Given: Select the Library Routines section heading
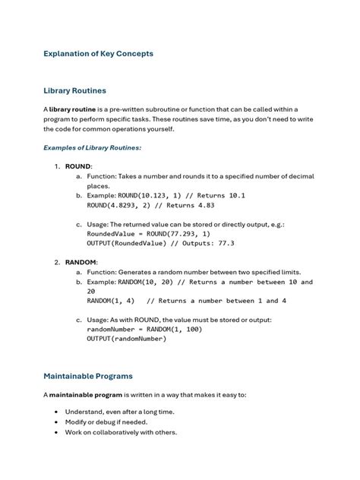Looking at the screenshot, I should point(74,90).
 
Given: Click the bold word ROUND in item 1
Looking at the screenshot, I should point(78,166).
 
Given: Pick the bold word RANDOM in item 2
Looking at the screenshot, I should point(81,262).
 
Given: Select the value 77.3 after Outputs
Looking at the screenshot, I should point(226,243).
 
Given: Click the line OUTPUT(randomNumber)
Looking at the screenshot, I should point(126,339).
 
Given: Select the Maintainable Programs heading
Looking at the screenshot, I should point(88,376).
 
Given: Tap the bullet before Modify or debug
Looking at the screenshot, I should point(56,422).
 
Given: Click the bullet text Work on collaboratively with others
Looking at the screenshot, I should point(121,432).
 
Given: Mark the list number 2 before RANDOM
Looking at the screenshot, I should point(57,262).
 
